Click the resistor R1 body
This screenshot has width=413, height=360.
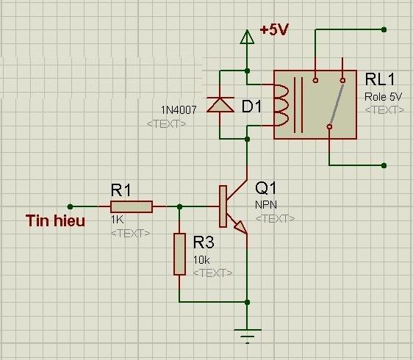[x=132, y=206]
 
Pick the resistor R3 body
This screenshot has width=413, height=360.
[x=180, y=253]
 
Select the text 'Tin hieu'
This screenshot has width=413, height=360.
[x=55, y=220]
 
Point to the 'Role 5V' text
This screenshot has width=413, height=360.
[x=384, y=96]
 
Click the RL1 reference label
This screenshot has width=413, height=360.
[x=381, y=79]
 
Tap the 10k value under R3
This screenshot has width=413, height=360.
[x=202, y=260]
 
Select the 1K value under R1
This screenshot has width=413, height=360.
[x=118, y=220]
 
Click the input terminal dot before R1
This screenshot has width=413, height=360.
[x=70, y=206]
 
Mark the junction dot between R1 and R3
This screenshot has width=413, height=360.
[x=179, y=206]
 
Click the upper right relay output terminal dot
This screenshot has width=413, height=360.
[x=384, y=30]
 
